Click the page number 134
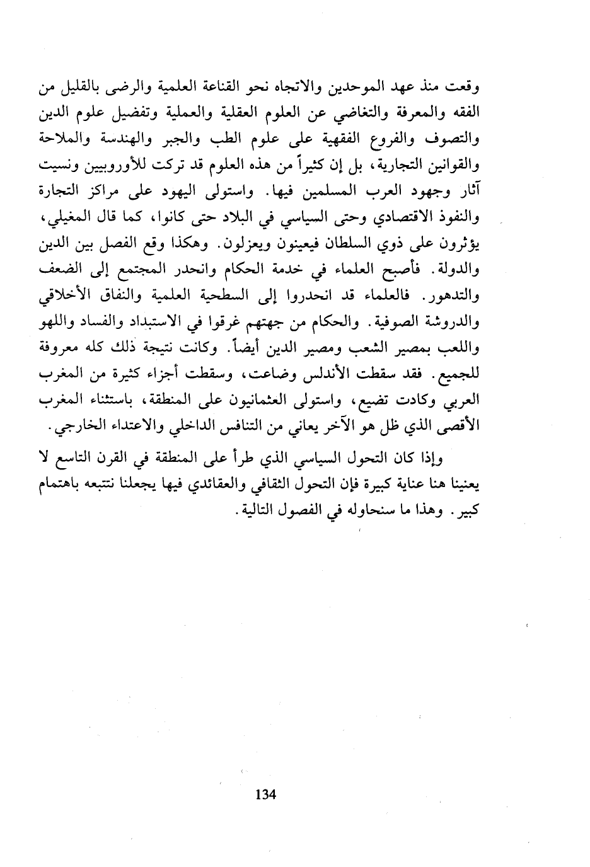267,795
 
